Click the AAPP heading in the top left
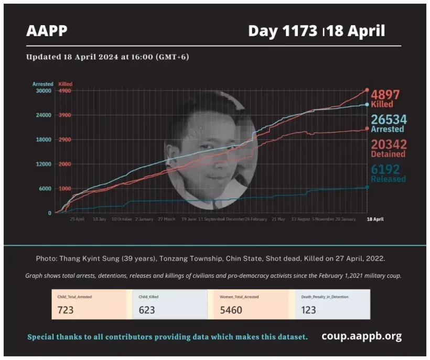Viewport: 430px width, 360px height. pos(47,31)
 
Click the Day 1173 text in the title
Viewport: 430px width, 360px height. pos(284,31)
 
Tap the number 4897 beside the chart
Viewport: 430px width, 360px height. pos(385,95)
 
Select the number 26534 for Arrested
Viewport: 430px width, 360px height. pos(389,119)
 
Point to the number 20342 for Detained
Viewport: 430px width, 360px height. pos(389,144)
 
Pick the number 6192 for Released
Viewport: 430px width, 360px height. pos(385,169)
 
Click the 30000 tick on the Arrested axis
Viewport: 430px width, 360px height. pos(43,91)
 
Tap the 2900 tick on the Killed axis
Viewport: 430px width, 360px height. pos(65,139)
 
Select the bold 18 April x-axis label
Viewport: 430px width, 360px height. pos(374,219)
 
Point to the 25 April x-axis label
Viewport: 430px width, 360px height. pos(77,219)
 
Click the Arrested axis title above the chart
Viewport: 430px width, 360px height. pos(42,84)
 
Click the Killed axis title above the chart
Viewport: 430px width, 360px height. pos(66,84)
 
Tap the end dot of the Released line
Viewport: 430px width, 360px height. pos(367,187)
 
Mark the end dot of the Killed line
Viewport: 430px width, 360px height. pos(367,90)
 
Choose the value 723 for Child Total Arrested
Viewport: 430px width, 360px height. pos(66,310)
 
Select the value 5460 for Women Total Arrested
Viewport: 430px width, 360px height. pos(231,310)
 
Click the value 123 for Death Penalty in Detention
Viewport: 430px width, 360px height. pos(308,310)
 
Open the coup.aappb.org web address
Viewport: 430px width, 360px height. pos(362,336)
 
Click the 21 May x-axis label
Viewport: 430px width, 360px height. pos(278,219)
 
